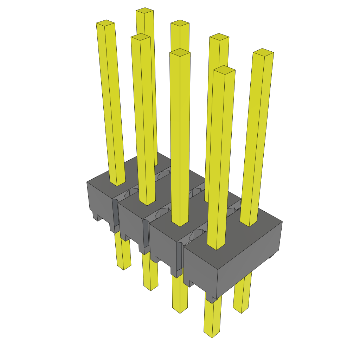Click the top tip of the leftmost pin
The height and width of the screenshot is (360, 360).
click(105, 23)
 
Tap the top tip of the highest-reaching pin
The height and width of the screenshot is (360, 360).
click(144, 10)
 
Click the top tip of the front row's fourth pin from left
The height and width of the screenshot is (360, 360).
click(224, 70)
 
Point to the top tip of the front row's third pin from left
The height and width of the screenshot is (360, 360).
click(180, 53)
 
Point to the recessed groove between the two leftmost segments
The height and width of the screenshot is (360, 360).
click(115, 214)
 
